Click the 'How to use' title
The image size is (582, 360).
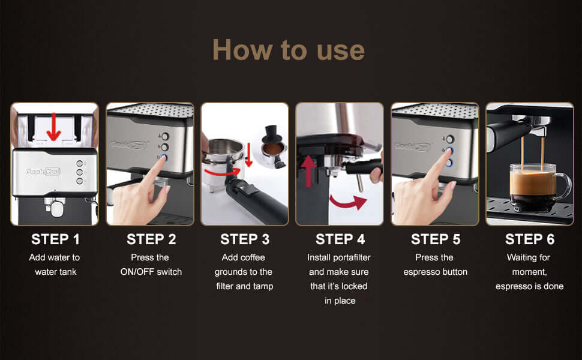(289, 50)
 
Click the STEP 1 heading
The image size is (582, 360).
(55, 239)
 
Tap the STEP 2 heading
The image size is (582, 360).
(151, 239)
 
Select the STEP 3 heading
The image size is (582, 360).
(245, 239)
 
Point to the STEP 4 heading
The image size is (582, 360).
(340, 239)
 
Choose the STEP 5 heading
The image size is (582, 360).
(436, 239)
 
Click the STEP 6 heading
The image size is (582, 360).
(530, 239)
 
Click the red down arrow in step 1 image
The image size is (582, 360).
(54, 125)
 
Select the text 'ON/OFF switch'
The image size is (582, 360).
(151, 272)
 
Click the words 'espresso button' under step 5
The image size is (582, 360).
(435, 272)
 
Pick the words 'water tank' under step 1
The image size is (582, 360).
(55, 272)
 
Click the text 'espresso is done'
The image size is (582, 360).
(530, 286)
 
